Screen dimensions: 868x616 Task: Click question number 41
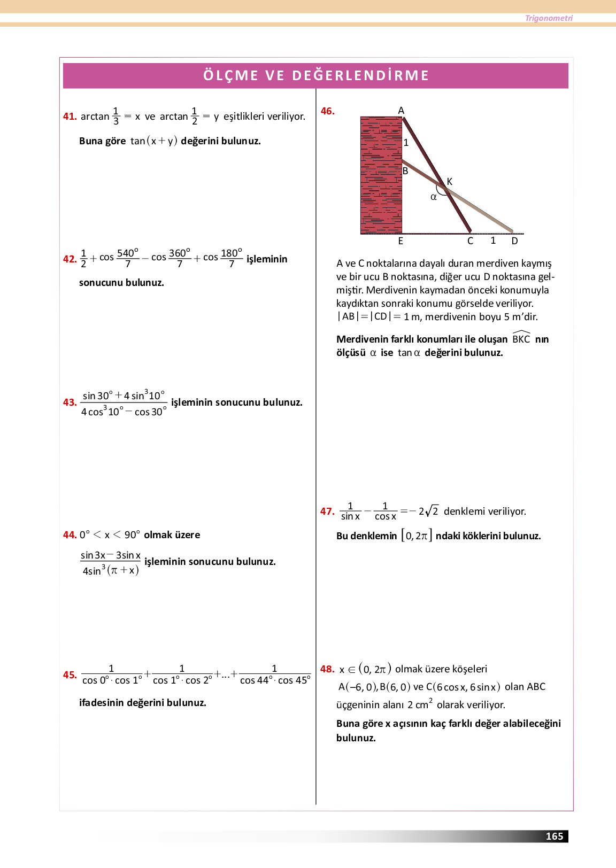point(70,117)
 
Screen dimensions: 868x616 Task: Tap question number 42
point(70,259)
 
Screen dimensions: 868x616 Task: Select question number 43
point(70,402)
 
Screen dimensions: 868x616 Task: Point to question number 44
point(70,535)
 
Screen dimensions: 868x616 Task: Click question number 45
point(70,675)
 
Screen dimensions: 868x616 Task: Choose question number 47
point(327,511)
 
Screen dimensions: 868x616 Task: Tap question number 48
point(327,669)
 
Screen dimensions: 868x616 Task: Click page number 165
point(554,836)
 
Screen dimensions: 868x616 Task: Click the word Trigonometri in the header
point(549,18)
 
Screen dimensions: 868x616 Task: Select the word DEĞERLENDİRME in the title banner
point(360,75)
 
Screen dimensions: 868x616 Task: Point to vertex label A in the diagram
point(401,111)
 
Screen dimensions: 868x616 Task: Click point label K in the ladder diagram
point(450,182)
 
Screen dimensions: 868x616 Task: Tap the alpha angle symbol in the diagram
point(434,197)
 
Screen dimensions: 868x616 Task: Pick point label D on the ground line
point(514,241)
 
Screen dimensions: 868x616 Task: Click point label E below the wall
point(401,241)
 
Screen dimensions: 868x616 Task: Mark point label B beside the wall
point(405,171)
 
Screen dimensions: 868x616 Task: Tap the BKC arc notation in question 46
point(521,338)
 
